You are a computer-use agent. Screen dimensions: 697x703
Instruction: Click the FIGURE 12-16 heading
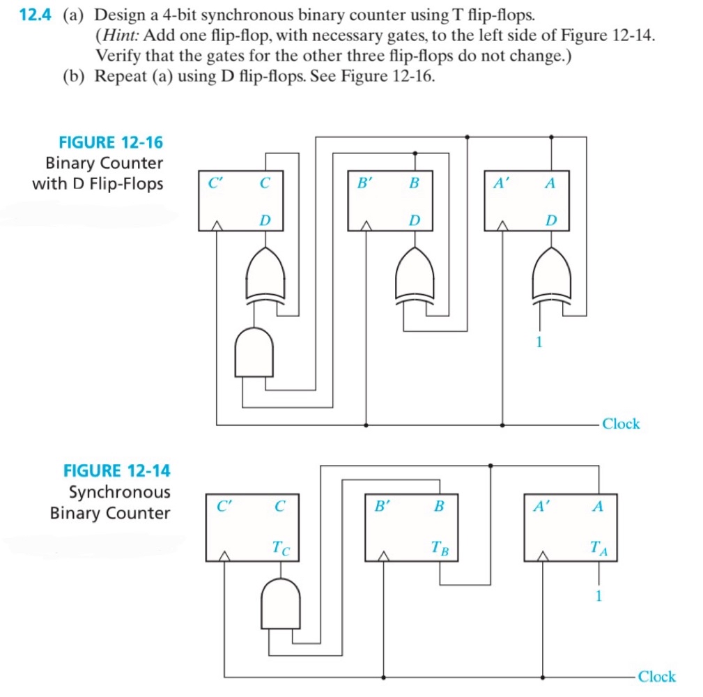click(x=111, y=142)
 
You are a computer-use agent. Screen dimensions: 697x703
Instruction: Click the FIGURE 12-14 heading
click(x=116, y=470)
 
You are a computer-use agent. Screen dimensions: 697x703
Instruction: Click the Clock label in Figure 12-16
click(x=620, y=423)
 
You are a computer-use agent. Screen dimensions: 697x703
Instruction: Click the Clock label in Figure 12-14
click(x=656, y=676)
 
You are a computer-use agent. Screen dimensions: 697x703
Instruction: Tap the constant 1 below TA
click(x=598, y=595)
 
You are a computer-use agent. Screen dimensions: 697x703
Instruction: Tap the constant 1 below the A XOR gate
click(x=538, y=342)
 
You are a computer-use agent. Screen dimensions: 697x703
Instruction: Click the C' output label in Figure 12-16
click(x=215, y=183)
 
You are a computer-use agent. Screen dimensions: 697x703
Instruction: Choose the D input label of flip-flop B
click(x=415, y=220)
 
